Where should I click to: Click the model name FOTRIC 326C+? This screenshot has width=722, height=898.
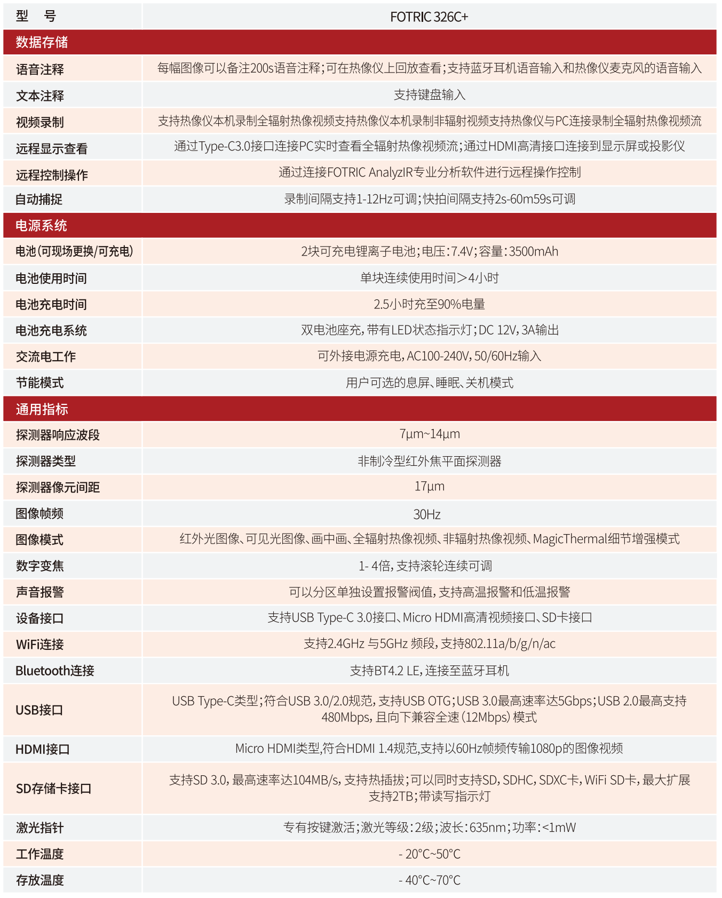click(x=429, y=17)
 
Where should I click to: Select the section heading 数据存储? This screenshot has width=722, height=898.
click(x=42, y=42)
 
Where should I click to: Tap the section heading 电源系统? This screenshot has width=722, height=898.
click(x=41, y=226)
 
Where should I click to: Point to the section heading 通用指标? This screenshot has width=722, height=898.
click(x=42, y=409)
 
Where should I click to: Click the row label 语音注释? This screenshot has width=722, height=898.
click(x=40, y=69)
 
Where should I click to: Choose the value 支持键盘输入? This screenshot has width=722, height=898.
click(x=429, y=95)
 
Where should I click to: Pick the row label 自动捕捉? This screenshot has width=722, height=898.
click(x=39, y=200)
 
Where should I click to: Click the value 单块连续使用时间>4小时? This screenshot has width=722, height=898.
click(x=429, y=278)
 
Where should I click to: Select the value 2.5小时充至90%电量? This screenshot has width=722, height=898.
click(x=429, y=304)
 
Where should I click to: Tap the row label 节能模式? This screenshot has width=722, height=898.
click(x=40, y=383)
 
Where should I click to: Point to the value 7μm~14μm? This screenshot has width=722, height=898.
click(x=429, y=434)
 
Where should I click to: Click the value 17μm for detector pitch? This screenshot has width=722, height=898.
click(x=429, y=487)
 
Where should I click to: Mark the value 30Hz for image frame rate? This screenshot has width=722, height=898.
click(x=427, y=514)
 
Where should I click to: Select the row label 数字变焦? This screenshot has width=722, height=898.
click(x=40, y=566)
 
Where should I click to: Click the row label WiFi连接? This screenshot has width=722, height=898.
click(x=40, y=645)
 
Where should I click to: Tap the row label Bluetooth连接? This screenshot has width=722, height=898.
click(x=54, y=671)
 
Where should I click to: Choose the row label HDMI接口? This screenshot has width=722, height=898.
click(x=43, y=750)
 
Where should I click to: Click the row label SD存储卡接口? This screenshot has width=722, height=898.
click(x=53, y=789)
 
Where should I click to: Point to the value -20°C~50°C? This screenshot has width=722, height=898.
click(x=429, y=854)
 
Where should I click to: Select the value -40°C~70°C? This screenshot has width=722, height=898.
click(x=429, y=880)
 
